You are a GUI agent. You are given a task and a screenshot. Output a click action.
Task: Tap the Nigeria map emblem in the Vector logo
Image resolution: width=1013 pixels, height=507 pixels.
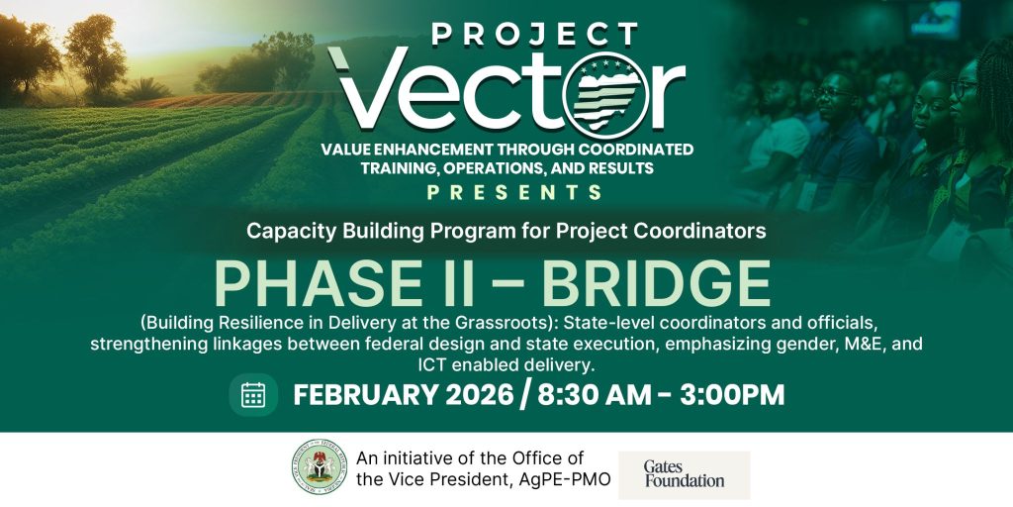click(606, 95)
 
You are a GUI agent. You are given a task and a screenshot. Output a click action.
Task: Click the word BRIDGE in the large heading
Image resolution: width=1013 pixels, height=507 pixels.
click(656, 284)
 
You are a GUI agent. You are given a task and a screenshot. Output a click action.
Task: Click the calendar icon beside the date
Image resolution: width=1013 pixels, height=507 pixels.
click(253, 394)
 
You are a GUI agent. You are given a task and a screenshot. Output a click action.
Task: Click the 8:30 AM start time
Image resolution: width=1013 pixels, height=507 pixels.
click(595, 395)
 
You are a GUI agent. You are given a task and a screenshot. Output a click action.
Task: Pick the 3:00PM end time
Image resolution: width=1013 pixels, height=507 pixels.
click(732, 395)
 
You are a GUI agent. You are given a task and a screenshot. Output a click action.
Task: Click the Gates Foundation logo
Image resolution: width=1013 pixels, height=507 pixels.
click(685, 474)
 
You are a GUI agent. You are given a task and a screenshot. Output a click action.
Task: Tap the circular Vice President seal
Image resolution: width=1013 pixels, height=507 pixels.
click(320, 466)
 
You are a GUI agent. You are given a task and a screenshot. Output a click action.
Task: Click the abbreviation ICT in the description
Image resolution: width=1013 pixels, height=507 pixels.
click(432, 365)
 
